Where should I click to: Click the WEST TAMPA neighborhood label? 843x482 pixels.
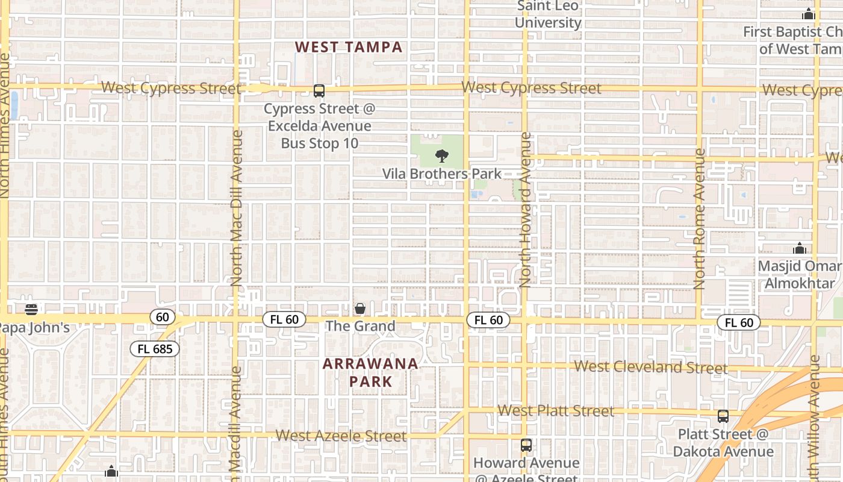tap(349, 47)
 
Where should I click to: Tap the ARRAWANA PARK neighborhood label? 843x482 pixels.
tap(370, 372)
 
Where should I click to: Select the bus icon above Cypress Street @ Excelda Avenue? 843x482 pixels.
tap(319, 91)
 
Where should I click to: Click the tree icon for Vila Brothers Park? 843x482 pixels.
tap(442, 156)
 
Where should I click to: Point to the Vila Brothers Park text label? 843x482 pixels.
tap(442, 174)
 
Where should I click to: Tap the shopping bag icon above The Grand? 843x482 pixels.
tap(360, 308)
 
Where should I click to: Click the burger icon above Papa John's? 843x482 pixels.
tap(31, 310)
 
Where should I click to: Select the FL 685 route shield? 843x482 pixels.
tap(155, 349)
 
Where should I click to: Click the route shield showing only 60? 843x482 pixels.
tap(162, 317)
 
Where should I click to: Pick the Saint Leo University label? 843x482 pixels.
tap(548, 15)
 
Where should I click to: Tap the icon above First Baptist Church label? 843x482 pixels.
tap(808, 14)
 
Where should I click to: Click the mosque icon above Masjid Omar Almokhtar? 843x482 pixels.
tap(800, 248)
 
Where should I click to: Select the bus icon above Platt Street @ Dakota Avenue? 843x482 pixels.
tap(723, 416)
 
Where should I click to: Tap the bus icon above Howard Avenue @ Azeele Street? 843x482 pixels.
tap(526, 445)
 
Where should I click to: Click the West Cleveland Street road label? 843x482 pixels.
tap(650, 366)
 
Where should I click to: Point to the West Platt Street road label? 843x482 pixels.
tap(556, 411)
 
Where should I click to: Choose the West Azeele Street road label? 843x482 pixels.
tap(341, 436)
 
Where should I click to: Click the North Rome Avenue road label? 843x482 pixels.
tap(699, 219)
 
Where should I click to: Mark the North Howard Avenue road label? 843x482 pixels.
tap(526, 210)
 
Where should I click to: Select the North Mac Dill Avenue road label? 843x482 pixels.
tap(236, 208)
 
